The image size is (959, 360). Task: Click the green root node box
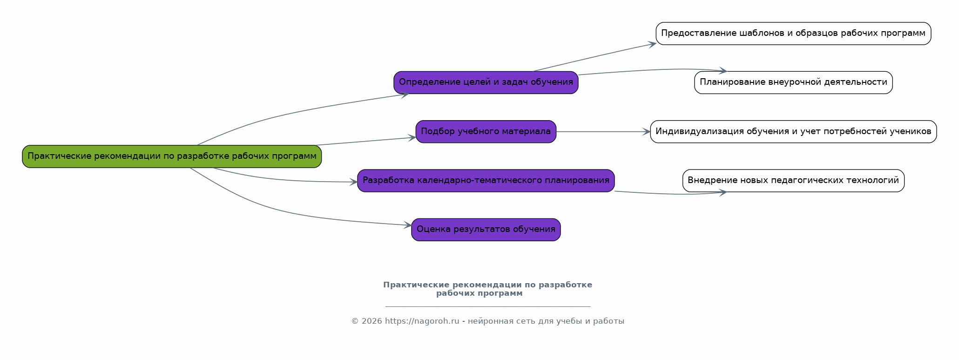tap(172, 156)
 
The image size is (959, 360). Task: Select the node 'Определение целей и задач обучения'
tap(486, 82)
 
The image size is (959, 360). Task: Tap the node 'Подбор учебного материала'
tap(486, 132)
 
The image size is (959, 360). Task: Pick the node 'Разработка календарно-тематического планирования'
tap(486, 181)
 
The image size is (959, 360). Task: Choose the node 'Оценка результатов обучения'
tap(486, 230)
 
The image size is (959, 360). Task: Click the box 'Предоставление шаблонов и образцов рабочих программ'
tap(793, 34)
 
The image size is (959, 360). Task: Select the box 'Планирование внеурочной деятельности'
tap(793, 82)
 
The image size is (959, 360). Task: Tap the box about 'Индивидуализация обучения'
tap(793, 132)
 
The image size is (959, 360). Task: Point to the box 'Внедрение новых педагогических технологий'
tap(793, 181)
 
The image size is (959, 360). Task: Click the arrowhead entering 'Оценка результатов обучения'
tap(408, 225)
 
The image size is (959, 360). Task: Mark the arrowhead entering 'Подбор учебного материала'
tap(412, 137)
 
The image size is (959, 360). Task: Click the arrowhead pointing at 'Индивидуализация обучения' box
tap(647, 132)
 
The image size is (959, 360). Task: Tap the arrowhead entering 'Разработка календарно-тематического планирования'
tap(354, 182)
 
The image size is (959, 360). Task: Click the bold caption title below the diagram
tap(487, 289)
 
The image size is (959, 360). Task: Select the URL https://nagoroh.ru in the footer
tap(422, 321)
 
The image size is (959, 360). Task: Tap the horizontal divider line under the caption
tap(488, 306)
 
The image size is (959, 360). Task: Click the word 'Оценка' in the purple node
tap(431, 229)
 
